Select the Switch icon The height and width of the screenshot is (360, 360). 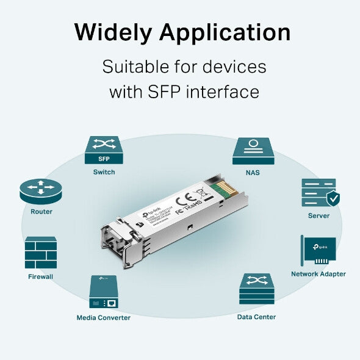pos(104,150)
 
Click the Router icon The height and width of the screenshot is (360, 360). pos(41,191)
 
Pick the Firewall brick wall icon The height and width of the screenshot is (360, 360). pos(41,253)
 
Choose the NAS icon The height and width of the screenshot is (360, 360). pos(252,150)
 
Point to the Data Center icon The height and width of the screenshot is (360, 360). pos(256,289)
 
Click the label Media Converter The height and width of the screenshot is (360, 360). pos(103,318)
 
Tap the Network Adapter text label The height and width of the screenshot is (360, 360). pos(318,275)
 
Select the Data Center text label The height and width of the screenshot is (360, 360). pos(256,317)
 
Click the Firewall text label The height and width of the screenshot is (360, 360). pos(41,277)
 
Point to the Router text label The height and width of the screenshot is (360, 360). pos(41,212)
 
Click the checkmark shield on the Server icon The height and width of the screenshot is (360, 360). pos(333,199)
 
